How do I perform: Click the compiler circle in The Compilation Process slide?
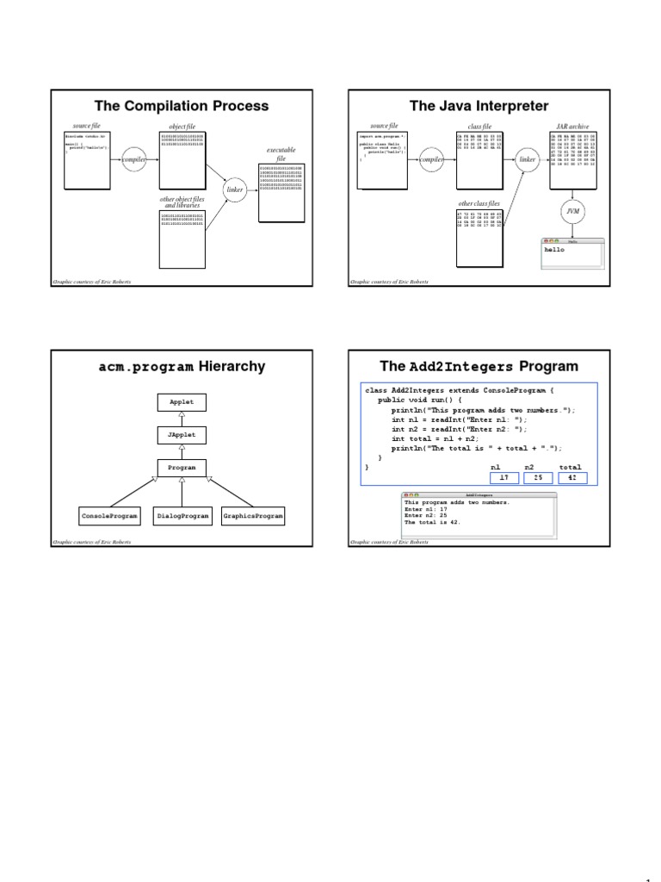click(x=133, y=159)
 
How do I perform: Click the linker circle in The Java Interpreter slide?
click(x=527, y=158)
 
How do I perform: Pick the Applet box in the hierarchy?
click(x=182, y=402)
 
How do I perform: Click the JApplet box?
click(x=182, y=435)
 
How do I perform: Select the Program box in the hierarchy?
click(x=182, y=468)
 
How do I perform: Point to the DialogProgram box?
click(x=182, y=516)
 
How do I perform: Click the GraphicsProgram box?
click(x=252, y=516)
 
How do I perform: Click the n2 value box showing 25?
click(x=537, y=478)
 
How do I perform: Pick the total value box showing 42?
click(x=571, y=478)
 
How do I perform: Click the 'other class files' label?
click(x=479, y=204)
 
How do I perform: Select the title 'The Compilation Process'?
click(x=182, y=106)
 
